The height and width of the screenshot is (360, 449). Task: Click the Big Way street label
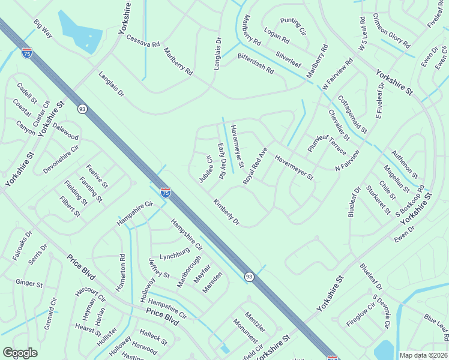tap(43, 28)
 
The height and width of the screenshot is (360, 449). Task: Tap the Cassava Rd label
tap(143, 41)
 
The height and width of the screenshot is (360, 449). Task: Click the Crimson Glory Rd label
tap(391, 31)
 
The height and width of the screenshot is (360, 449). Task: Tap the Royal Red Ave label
tap(255, 166)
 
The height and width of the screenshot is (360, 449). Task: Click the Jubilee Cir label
tap(206, 170)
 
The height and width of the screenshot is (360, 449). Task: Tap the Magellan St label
tap(397, 179)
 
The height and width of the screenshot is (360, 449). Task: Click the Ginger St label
tap(29, 283)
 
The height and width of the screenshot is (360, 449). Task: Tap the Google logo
tap(20, 352)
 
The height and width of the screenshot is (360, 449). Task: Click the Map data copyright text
tap(423, 355)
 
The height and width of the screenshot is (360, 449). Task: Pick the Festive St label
tap(97, 175)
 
